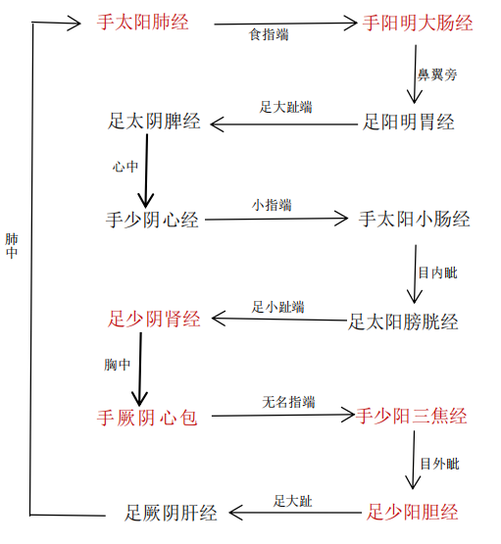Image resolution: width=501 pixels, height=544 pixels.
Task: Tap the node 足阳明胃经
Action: point(409,123)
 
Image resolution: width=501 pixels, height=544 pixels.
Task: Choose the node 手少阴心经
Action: point(152,220)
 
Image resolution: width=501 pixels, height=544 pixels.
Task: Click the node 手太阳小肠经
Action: point(415,220)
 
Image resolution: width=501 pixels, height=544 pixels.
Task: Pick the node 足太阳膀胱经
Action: point(403,321)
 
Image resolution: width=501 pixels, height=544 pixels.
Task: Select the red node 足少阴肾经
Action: point(154,319)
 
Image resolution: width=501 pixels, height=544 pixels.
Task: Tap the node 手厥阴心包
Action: point(147,418)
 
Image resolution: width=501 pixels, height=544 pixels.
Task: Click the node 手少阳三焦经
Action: point(411,416)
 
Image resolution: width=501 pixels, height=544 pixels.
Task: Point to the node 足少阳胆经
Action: point(412,512)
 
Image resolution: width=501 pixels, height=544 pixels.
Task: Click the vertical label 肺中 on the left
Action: point(11,245)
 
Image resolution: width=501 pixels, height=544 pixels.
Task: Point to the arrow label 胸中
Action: point(118,365)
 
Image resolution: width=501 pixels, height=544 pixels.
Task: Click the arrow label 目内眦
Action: point(437,272)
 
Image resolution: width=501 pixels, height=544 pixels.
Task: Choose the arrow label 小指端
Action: point(272,205)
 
